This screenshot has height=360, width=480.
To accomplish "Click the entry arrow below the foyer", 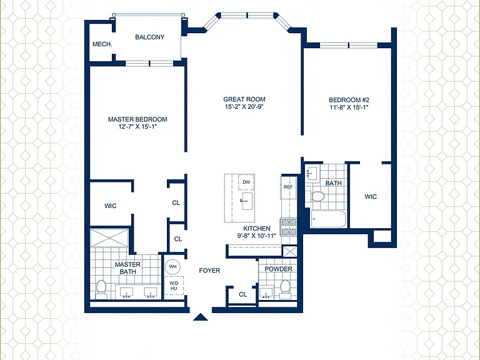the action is click(201, 317).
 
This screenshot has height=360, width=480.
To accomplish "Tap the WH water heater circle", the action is click(173, 267).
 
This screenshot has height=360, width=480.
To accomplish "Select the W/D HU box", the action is click(174, 286).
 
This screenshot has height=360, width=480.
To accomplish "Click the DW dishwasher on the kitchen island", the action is click(246, 182).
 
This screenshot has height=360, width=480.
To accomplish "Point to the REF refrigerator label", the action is click(288, 187).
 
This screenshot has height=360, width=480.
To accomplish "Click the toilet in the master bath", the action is click(101, 289).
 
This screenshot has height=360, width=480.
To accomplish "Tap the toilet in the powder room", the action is click(285, 289).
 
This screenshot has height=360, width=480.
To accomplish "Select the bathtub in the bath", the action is click(328, 219).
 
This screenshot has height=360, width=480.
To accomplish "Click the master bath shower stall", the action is click(109, 237).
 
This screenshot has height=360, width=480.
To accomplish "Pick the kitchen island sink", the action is click(247, 201).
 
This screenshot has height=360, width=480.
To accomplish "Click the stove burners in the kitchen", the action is click(289, 227).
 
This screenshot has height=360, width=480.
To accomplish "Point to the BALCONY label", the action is click(150, 37).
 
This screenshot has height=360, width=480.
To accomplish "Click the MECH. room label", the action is click(102, 44).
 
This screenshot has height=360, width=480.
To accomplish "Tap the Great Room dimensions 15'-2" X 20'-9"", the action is click(244, 107).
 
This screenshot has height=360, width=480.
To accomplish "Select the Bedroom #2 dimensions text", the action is click(349, 107).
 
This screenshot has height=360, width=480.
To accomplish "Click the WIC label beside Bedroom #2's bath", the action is click(371, 196).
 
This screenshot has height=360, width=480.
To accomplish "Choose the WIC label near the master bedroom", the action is click(110, 206).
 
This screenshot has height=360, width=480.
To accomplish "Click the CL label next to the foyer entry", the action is click(242, 294).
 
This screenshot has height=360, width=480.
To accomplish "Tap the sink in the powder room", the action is click(266, 293).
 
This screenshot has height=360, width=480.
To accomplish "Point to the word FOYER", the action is click(209, 271).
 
